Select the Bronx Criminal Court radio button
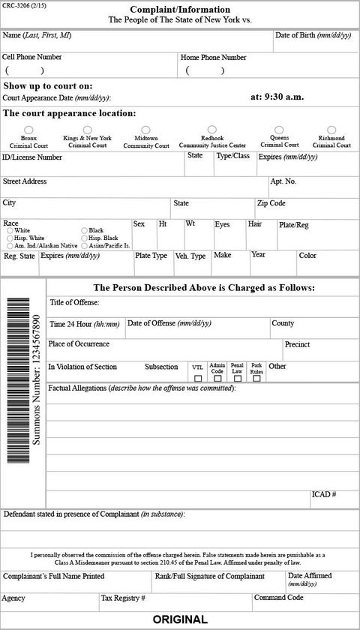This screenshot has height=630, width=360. (29, 130)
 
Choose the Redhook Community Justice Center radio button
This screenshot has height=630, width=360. (212, 130)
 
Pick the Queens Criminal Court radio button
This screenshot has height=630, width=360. (279, 130)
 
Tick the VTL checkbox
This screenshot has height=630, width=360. (198, 379)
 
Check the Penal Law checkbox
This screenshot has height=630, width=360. (237, 379)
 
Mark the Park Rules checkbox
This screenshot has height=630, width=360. (256, 379)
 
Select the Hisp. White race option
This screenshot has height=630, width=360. (10, 238)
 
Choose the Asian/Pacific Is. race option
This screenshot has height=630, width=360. (84, 245)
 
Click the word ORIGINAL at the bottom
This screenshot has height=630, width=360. (180, 619)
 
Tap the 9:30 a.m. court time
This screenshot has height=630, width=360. (277, 97)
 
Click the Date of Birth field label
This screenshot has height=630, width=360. (313, 35)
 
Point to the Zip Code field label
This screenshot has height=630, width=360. (271, 203)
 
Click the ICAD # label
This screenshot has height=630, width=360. (323, 495)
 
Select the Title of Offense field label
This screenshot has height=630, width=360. (74, 303)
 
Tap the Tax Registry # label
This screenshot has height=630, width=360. (123, 598)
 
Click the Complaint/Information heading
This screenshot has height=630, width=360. (179, 9)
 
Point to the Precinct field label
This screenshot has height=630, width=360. (298, 345)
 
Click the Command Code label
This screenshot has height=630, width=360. (278, 598)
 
